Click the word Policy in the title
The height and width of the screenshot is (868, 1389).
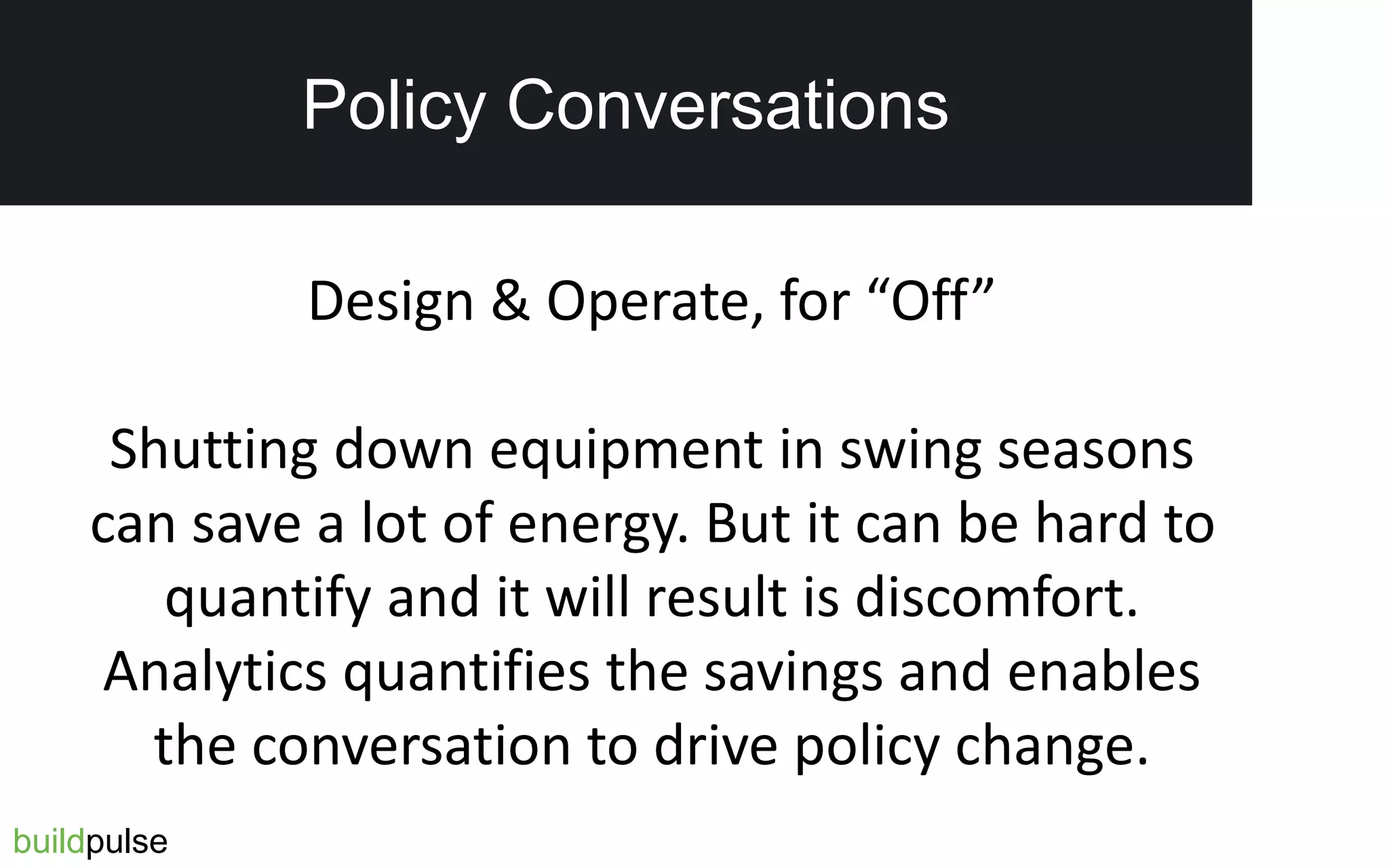(393, 106)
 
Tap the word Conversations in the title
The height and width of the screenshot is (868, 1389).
(727, 106)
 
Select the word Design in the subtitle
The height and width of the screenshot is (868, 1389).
(391, 301)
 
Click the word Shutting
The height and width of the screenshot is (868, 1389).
(214, 450)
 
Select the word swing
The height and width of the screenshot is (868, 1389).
(909, 450)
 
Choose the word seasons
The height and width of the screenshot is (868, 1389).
(1095, 450)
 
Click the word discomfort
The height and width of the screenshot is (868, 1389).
(996, 598)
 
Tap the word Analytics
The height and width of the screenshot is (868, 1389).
(215, 673)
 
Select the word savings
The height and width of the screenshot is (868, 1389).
(793, 673)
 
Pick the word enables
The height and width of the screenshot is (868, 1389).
(1103, 671)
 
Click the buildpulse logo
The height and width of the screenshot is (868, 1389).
(90, 842)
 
